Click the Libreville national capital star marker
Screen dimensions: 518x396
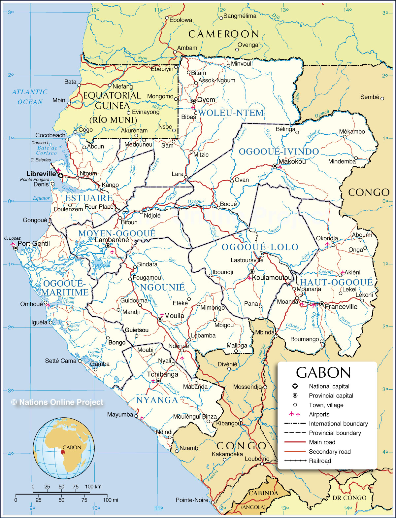[61, 176]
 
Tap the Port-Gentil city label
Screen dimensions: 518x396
[33, 244]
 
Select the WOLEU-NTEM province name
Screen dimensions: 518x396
[231, 113]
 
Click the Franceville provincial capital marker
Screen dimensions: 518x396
[321, 304]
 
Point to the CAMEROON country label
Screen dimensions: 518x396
[224, 34]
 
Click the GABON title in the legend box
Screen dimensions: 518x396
[323, 373]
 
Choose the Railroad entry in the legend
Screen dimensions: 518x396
[320, 461]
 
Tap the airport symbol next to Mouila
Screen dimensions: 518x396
[162, 315]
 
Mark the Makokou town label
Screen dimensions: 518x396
[292, 161]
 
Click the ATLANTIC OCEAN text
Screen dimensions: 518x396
[30, 97]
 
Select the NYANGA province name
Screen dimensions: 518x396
[157, 400]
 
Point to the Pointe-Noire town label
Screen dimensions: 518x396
[192, 500]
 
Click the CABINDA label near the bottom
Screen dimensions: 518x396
[263, 493]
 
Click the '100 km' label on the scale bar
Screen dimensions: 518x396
[93, 487]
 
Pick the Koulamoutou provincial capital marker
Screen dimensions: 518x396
[252, 271]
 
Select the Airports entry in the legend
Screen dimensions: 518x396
[319, 414]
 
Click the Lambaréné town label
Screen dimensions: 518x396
[112, 240]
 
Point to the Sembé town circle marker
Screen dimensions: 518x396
[382, 98]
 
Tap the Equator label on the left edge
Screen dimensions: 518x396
[41, 198]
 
